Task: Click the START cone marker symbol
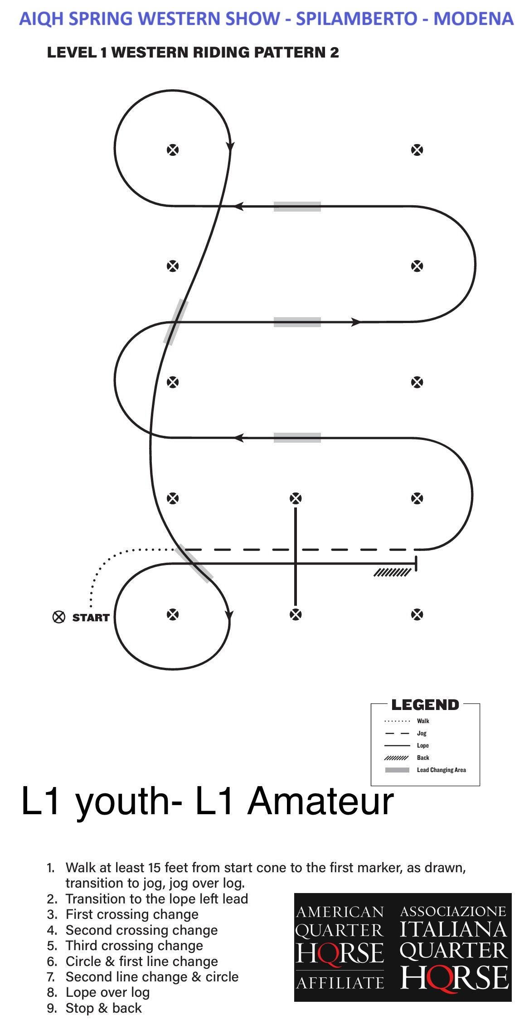(59, 617)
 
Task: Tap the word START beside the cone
(91, 618)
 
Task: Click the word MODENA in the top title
(473, 19)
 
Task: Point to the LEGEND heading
(425, 705)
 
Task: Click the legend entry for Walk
(423, 721)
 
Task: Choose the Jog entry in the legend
(422, 733)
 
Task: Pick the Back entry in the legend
(423, 758)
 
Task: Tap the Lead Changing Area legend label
(441, 770)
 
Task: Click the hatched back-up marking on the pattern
(392, 573)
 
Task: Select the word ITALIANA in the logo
(453, 929)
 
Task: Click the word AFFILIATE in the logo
(340, 982)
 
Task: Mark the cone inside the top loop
(173, 150)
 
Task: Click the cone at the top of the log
(296, 498)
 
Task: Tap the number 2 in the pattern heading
(335, 53)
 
